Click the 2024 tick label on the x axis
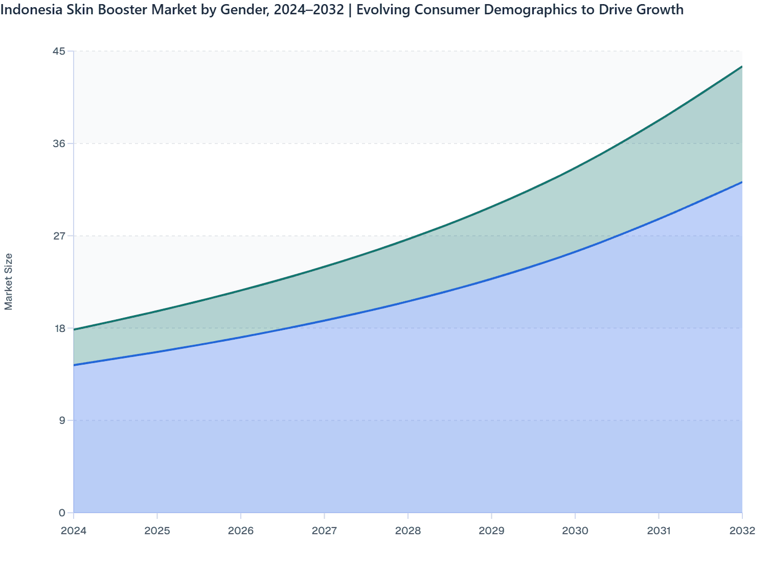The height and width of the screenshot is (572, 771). coord(74,531)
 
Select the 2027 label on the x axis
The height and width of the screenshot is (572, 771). coord(324,531)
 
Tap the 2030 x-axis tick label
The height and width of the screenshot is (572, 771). coord(575,531)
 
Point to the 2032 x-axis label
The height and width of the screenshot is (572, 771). coord(742,531)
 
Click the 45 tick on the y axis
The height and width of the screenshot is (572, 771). coord(59,51)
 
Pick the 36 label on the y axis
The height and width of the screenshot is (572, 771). coord(59,144)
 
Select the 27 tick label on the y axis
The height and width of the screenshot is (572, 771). coord(59,236)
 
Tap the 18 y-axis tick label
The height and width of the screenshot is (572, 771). coord(59,328)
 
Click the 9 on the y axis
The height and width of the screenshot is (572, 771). coord(62,420)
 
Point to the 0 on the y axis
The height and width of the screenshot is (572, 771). coord(62,513)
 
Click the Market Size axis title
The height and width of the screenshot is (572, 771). coord(9,281)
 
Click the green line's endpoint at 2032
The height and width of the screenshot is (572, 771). coord(742,66)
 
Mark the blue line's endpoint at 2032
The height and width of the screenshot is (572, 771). coord(742,182)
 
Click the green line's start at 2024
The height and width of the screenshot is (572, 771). coord(74,329)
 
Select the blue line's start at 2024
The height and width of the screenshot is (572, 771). coord(74,365)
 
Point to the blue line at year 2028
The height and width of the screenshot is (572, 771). coord(408,301)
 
